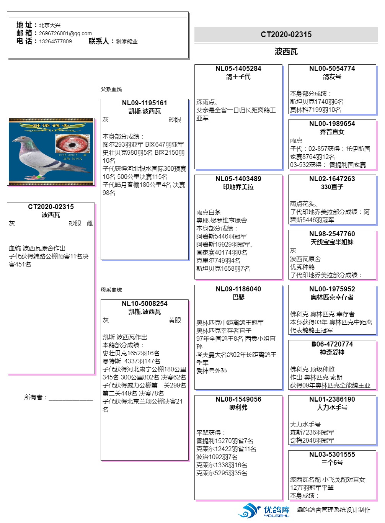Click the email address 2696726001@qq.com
[x=65, y=33]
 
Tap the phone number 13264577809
[x=55, y=41]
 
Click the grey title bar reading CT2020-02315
[x=286, y=34]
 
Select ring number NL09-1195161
[x=144, y=103]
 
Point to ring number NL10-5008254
[x=144, y=304]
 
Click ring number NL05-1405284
[x=238, y=69]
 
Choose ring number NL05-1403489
[x=238, y=179]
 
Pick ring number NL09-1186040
[x=238, y=289]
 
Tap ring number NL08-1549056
[x=238, y=399]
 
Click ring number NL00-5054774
[x=332, y=69]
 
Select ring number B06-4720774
[x=332, y=344]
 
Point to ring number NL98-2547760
[x=332, y=234]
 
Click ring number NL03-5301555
[x=332, y=454]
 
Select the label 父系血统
[x=111, y=89]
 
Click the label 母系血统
[x=111, y=290]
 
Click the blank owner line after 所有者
[x=71, y=398]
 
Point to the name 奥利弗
[x=238, y=407]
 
